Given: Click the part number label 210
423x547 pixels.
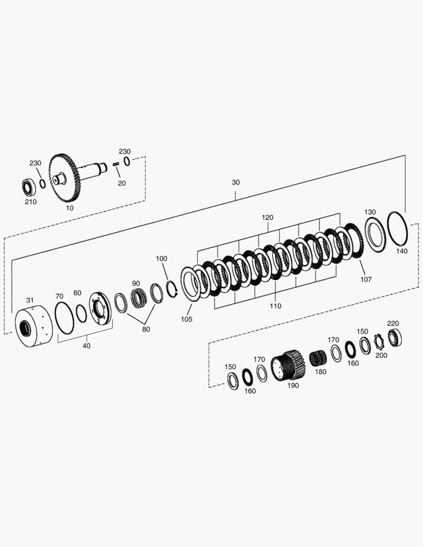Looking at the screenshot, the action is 31,202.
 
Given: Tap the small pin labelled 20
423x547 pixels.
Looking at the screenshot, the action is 116,164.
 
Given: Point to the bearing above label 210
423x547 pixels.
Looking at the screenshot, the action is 28,187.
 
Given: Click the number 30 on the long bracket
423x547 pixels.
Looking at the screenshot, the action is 236,182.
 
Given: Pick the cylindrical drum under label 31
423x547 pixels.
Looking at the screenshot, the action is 33,326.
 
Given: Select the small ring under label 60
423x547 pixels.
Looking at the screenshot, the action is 81,314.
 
